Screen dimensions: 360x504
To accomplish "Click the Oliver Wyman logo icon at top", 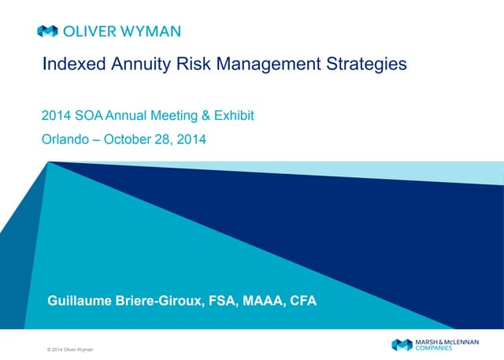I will (46, 32).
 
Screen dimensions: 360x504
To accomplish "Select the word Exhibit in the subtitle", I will (235, 117).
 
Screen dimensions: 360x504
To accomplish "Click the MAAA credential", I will (265, 299).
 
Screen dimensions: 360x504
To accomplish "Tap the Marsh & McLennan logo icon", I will (402, 345).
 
